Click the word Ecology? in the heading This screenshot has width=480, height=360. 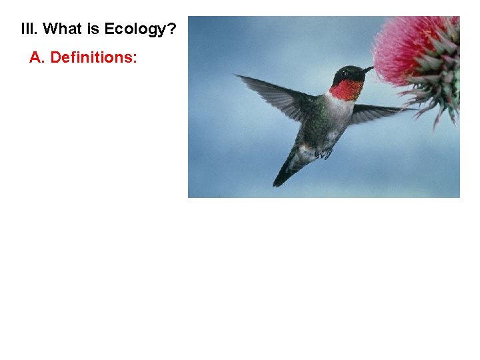[140, 29]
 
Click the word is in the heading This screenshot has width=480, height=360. [94, 29]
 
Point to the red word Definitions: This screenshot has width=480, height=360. [94, 58]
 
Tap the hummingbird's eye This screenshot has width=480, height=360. [345, 73]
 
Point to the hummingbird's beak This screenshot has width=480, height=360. [366, 69]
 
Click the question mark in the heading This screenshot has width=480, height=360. [172, 29]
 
